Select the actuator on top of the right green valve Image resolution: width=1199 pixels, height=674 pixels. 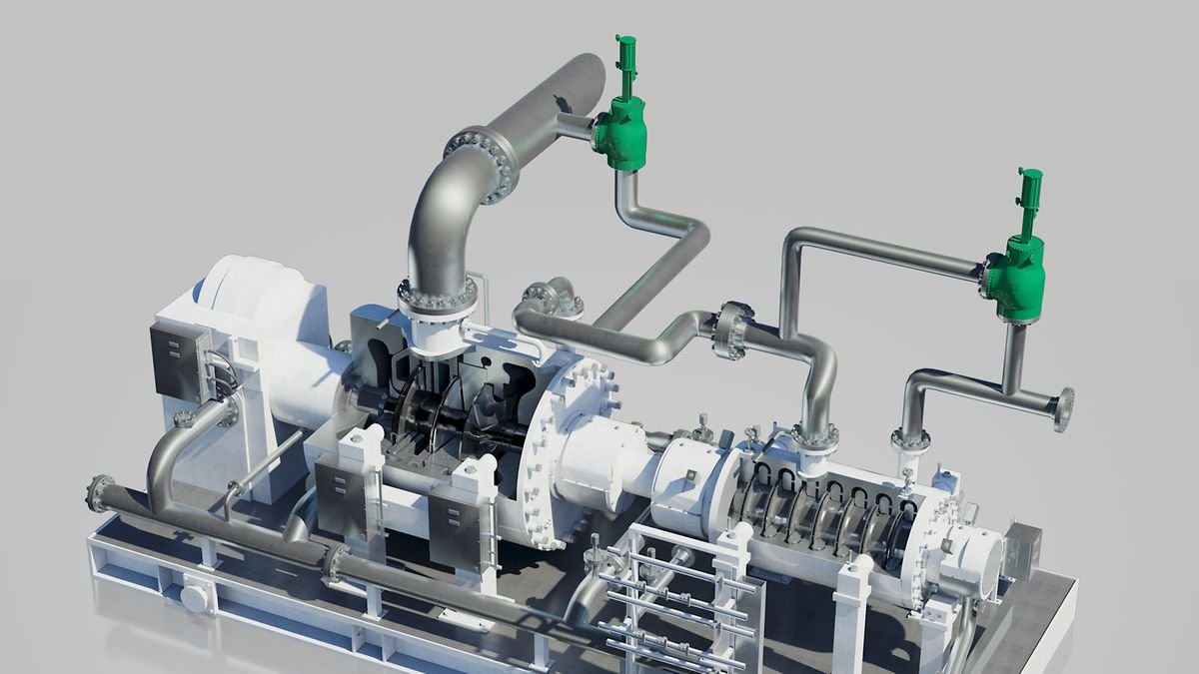click(1029, 201)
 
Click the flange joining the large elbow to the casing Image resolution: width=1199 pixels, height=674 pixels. click(438, 297)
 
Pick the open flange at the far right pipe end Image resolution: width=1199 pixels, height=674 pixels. click(1064, 409)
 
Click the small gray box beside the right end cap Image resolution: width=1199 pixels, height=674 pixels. click(1025, 544)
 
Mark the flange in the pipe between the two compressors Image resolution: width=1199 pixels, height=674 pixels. click(732, 330)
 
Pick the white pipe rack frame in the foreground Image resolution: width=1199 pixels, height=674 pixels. click(679, 599)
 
